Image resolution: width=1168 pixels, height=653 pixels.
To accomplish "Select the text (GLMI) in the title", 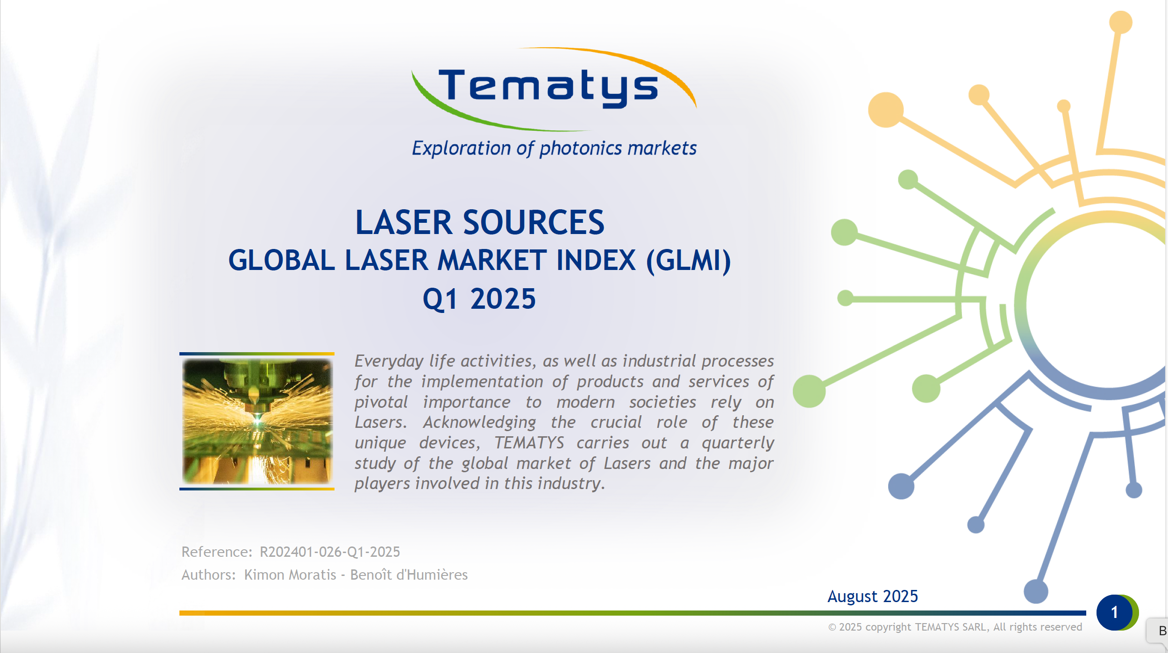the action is pyautogui.click(x=689, y=261).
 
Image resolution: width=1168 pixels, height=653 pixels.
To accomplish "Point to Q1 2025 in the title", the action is pyautogui.click(x=479, y=299).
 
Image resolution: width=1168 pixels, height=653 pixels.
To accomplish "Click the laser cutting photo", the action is pyautogui.click(x=257, y=421).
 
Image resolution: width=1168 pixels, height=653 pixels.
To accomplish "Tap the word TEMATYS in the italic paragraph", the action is pyautogui.click(x=529, y=442).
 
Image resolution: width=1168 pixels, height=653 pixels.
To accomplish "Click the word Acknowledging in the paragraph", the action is pyautogui.click(x=480, y=423).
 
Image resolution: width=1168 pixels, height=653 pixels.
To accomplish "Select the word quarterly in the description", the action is pyautogui.click(x=738, y=443).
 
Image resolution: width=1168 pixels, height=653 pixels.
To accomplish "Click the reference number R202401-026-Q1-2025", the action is pyautogui.click(x=330, y=552).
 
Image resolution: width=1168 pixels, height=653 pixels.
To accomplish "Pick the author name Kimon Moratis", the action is pyautogui.click(x=290, y=575).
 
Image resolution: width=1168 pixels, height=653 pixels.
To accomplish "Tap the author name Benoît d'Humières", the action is pyautogui.click(x=409, y=575).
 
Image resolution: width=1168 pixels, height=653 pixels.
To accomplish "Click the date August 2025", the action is pyautogui.click(x=873, y=596).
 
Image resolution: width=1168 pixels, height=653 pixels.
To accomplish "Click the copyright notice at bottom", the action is pyautogui.click(x=955, y=627).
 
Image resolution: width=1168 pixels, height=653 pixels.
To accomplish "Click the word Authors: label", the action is pyautogui.click(x=209, y=575).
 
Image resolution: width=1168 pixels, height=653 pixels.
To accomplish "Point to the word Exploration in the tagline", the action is pyautogui.click(x=461, y=149).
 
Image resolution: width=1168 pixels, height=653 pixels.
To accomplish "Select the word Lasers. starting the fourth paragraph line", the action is pyautogui.click(x=381, y=422).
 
